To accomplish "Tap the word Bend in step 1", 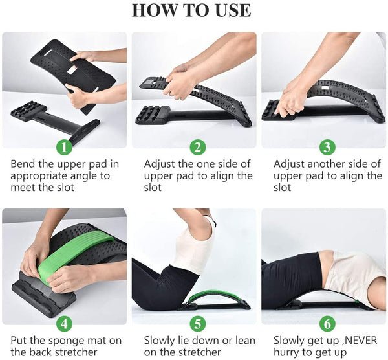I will point(24,163).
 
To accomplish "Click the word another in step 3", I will point(325,163).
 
